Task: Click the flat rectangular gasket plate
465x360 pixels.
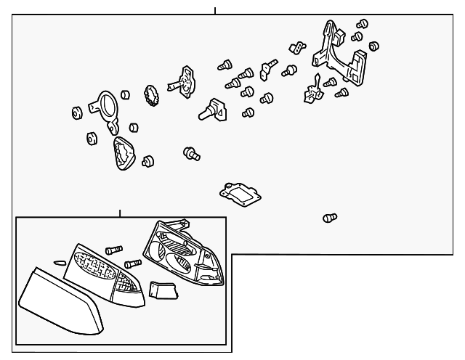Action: (x=240, y=193)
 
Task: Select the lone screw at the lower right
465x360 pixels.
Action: (x=330, y=217)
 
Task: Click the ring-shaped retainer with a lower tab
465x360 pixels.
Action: (x=107, y=109)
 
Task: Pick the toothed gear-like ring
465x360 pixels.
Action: (x=153, y=94)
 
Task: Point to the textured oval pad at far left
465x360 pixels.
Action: (x=123, y=153)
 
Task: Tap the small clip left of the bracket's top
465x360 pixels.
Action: (x=295, y=46)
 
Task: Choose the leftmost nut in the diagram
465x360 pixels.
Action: (x=76, y=112)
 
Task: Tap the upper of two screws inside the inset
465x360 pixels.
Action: (x=113, y=250)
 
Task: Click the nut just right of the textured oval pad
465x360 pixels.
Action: (x=149, y=160)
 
